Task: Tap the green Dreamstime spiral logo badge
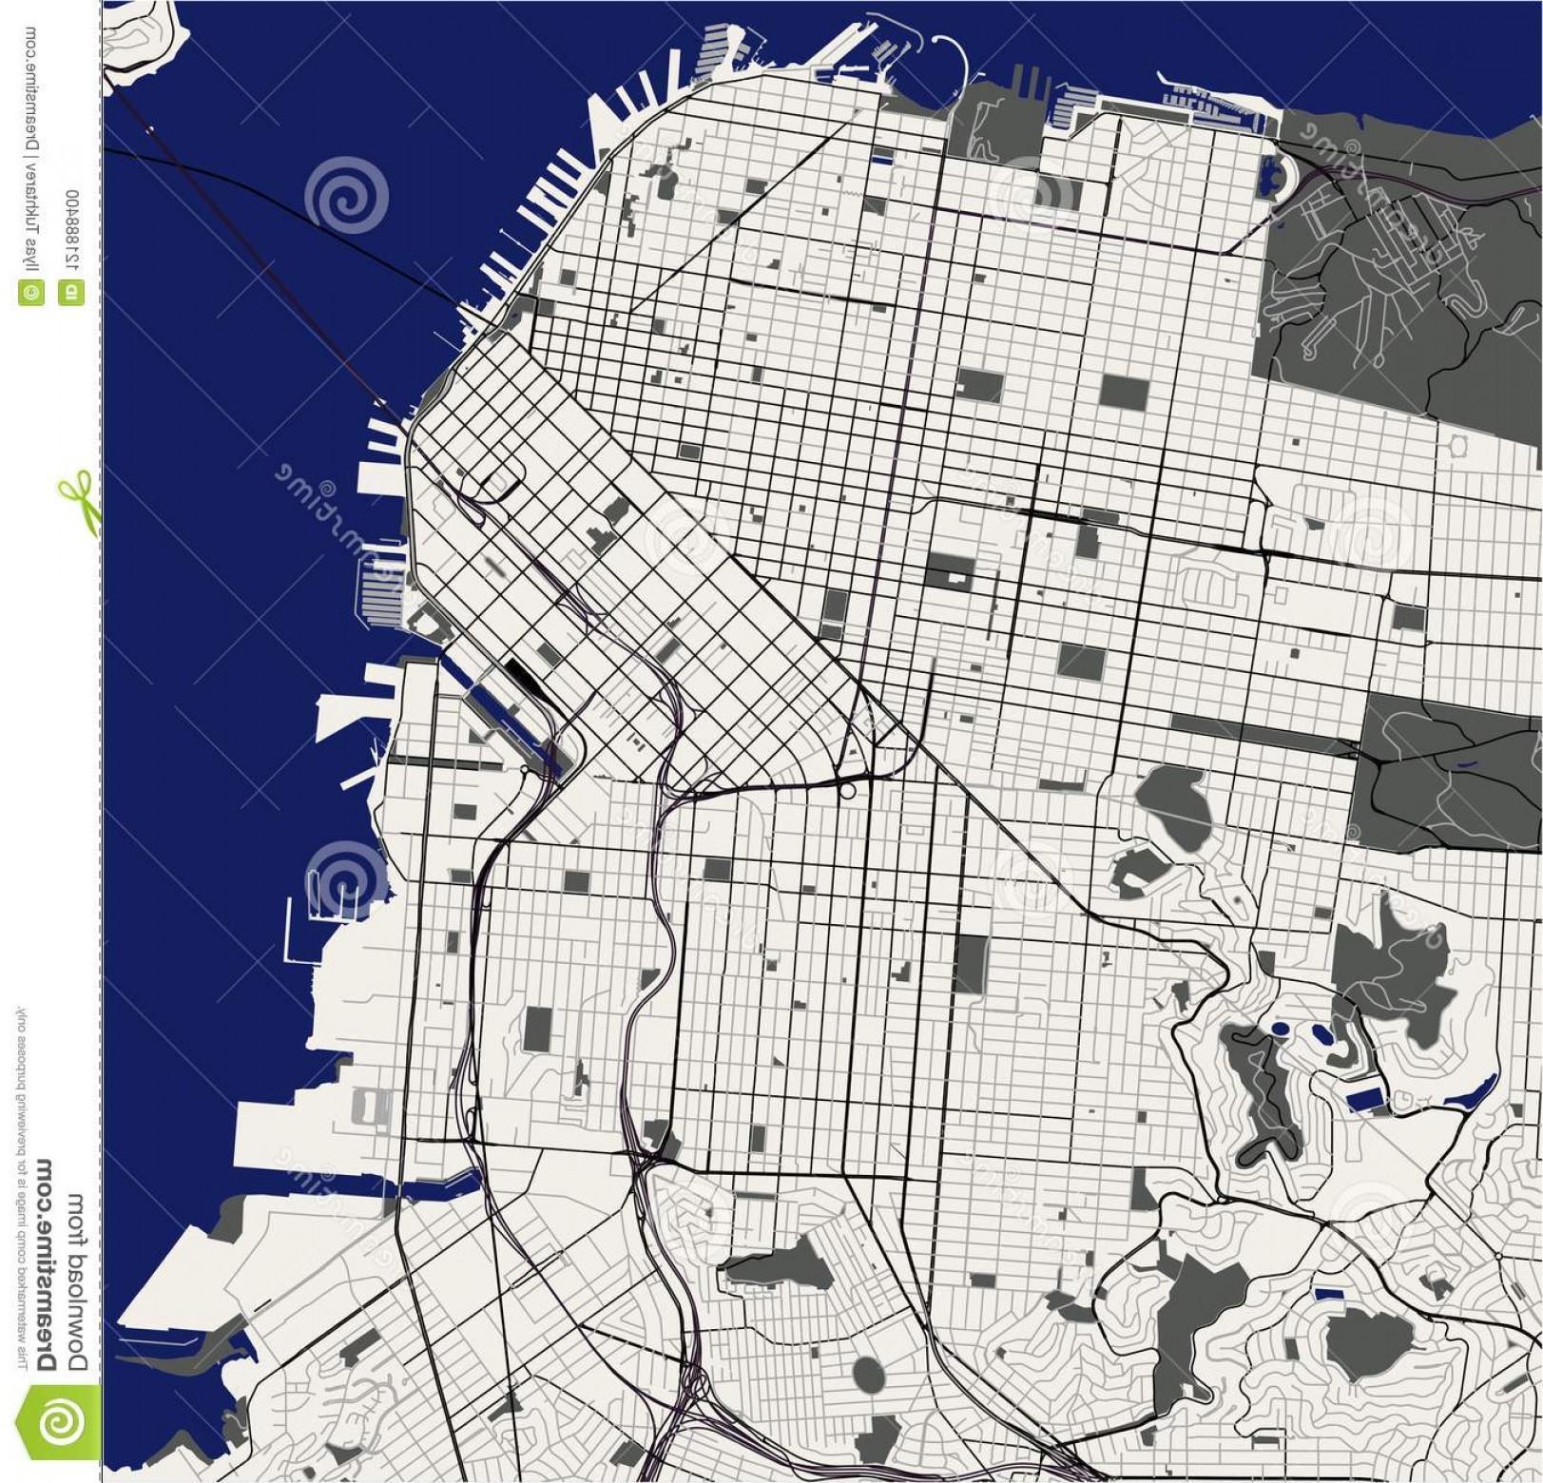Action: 60,1422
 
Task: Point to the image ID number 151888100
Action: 73,232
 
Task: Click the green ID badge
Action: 72,293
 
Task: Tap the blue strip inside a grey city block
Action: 881,159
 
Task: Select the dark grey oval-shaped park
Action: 867,1373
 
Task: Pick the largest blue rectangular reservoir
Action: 1365,1100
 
